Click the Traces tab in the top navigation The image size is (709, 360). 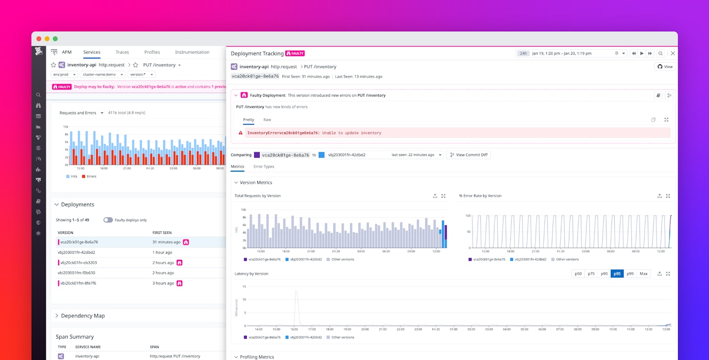click(122, 52)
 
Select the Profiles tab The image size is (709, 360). click(152, 52)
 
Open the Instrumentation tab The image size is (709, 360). click(192, 52)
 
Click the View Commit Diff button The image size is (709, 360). click(468, 155)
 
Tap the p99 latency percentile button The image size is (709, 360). click(630, 273)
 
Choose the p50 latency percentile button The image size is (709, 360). click(578, 273)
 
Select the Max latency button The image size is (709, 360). click(644, 273)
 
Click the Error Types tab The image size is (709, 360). click(263, 167)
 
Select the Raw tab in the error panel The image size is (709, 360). click(267, 120)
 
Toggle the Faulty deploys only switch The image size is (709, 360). click(108, 220)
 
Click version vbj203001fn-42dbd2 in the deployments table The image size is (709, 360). click(76, 252)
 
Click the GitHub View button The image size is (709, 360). click(665, 67)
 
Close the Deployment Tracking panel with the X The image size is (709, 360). click(673, 53)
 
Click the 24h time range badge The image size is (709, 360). click(523, 53)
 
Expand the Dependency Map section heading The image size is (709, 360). click(83, 316)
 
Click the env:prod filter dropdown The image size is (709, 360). click(64, 74)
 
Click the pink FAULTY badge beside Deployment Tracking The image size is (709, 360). click(295, 53)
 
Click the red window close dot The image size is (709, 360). click(39, 39)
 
